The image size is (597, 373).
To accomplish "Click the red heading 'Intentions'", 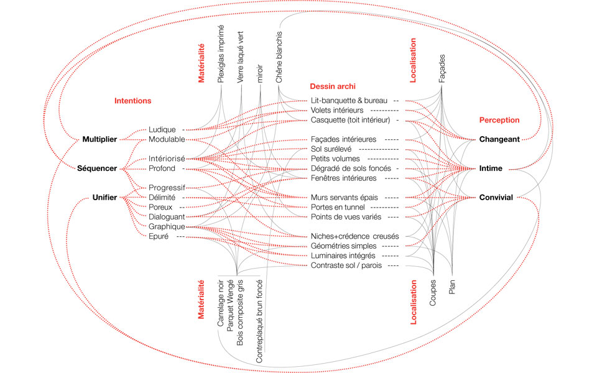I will pos(132,100).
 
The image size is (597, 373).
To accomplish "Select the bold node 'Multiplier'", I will pos(99,139).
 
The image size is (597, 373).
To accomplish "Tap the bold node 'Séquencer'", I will pos(97,168).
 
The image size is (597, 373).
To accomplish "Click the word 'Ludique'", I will pos(163,129).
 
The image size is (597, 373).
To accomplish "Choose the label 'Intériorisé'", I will pos(167,159).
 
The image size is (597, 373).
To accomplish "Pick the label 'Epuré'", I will pos(159,237).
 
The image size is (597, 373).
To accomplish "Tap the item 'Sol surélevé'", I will pos(332,149).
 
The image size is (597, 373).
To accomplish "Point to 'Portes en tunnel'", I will pos(339,207).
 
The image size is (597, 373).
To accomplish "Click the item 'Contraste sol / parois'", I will pos(347,266).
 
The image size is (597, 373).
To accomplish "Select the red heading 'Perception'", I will pos(499,120).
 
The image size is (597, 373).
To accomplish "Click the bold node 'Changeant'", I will pos(499,140).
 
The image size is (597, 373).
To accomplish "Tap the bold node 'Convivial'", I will pos(496,198).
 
